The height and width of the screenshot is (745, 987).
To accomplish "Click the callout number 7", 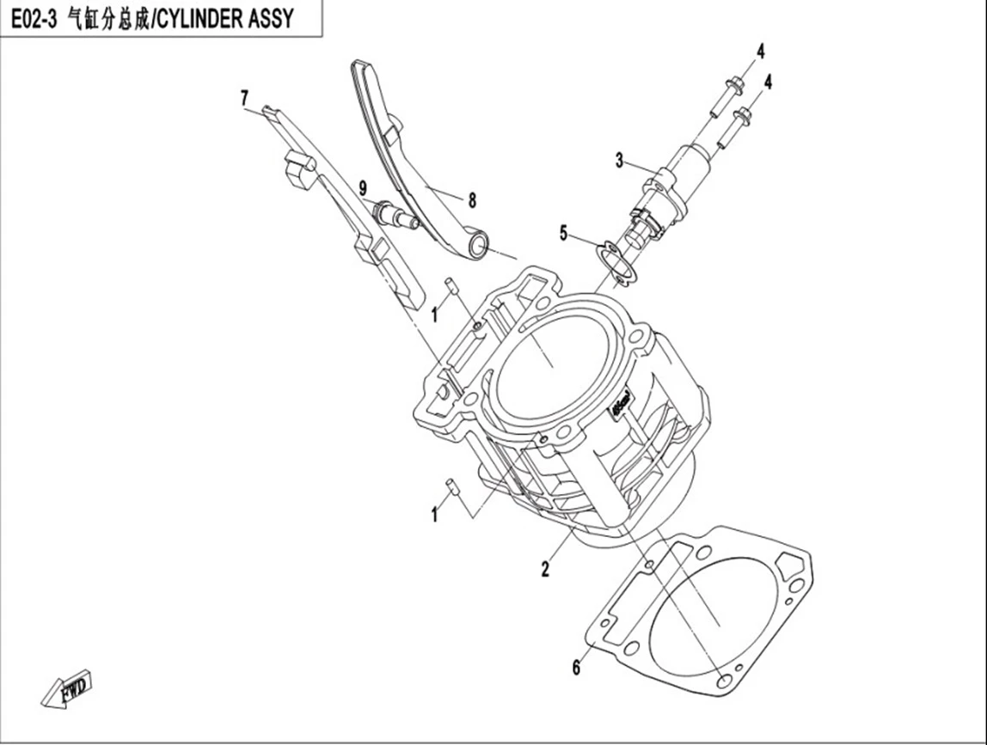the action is click(244, 98).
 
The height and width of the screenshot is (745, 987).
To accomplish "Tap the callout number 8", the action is click(472, 200).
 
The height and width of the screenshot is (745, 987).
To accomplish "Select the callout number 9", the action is click(363, 187).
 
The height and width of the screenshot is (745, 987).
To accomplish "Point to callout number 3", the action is click(619, 161).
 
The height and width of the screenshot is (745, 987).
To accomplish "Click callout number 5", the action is click(563, 234).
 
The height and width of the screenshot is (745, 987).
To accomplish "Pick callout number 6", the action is click(576, 667).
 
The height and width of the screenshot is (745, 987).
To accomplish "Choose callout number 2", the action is click(545, 569).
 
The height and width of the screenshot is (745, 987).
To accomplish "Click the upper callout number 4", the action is click(760, 51).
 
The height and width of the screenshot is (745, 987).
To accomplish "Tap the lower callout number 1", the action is click(433, 516).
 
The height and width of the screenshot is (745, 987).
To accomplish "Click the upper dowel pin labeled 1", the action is click(451, 284).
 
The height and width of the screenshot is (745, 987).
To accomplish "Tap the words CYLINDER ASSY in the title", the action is click(224, 19).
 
